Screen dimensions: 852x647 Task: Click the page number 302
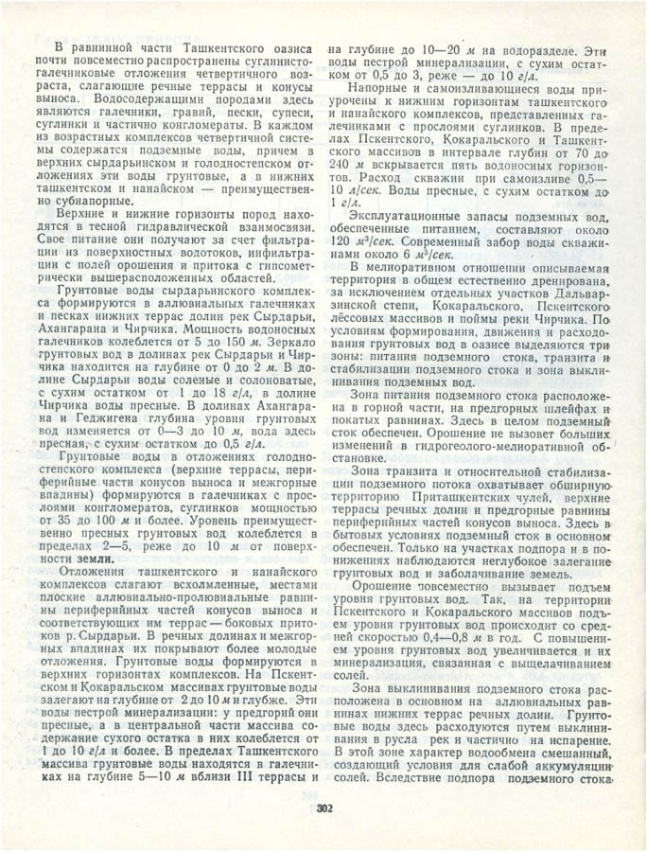323,808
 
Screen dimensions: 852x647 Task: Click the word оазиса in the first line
287,47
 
